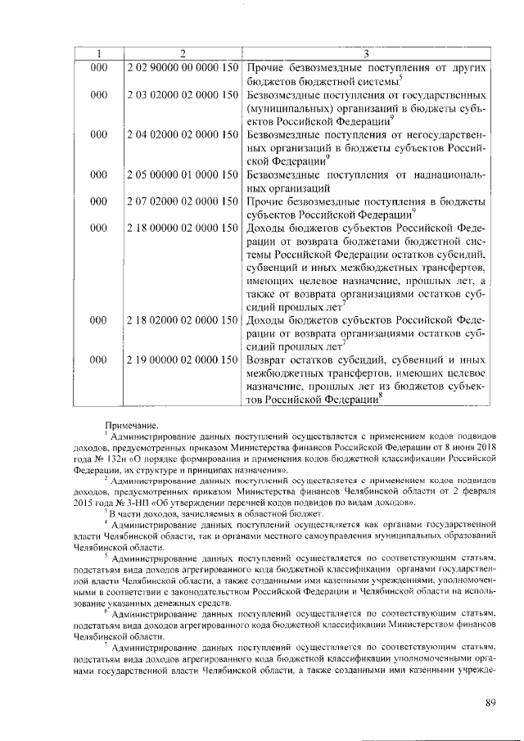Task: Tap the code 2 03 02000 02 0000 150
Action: (183, 96)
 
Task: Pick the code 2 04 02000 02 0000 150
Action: (183, 133)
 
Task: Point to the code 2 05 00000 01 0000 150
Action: (183, 175)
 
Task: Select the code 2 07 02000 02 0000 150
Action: (183, 201)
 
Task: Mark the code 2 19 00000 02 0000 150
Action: (183, 359)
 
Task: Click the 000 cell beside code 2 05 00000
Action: (99, 175)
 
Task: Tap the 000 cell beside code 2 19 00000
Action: (99, 359)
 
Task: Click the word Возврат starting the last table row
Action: (268, 359)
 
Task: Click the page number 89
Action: (490, 702)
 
